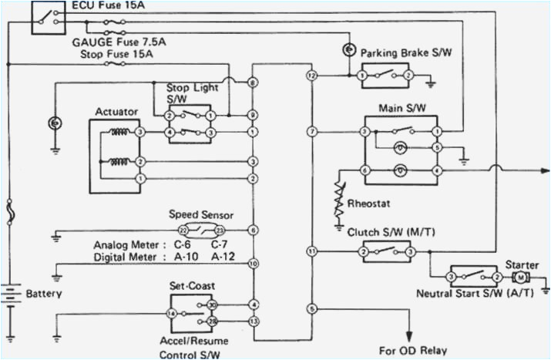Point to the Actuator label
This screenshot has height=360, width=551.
(116, 112)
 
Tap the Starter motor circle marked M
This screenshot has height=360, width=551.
(521, 277)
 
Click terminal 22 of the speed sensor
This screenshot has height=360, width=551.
(183, 230)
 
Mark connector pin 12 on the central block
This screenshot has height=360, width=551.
(311, 76)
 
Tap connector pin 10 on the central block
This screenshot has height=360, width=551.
(253, 264)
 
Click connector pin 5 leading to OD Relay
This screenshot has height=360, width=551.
(311, 309)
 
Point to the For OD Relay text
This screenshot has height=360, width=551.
(413, 349)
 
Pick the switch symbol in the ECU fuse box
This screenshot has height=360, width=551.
(46, 18)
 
